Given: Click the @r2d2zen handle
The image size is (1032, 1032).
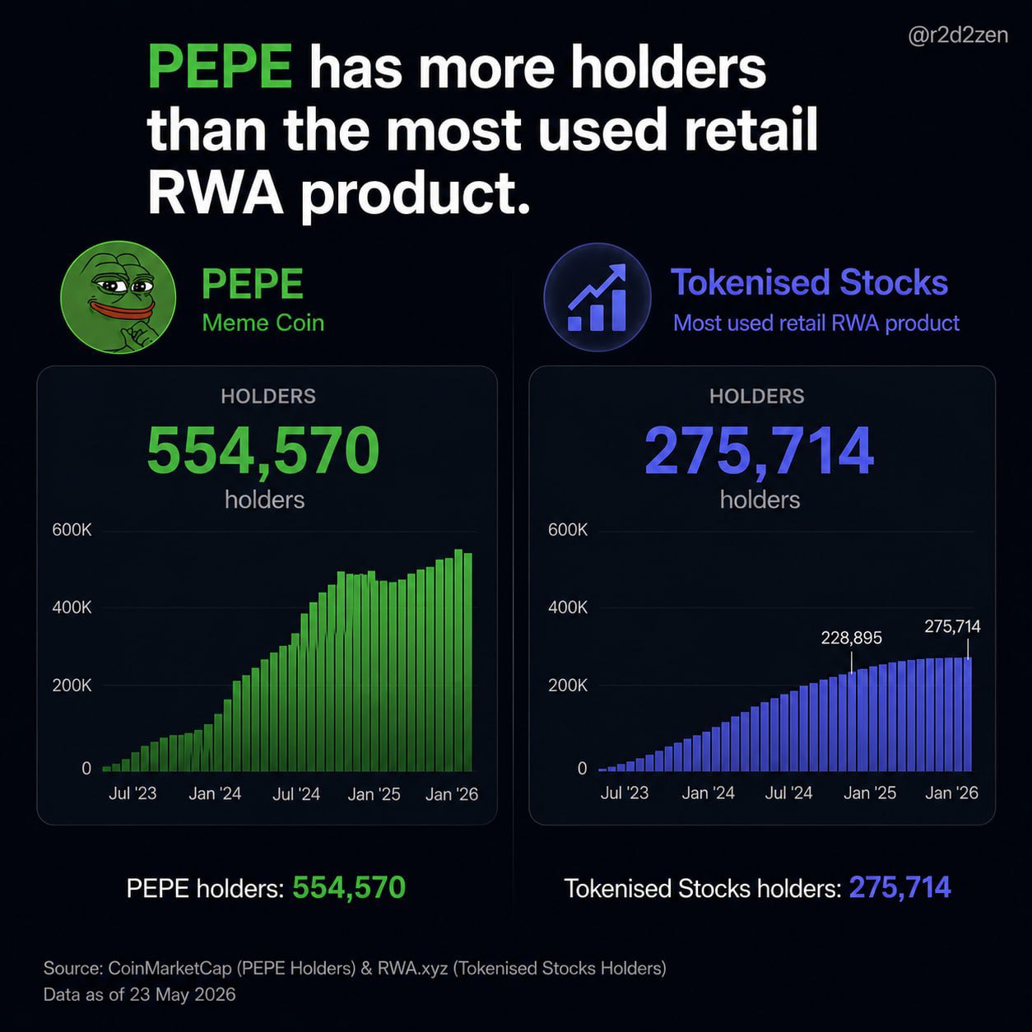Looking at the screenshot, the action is click(958, 35).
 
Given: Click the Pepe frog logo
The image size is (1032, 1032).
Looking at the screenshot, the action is click(119, 297).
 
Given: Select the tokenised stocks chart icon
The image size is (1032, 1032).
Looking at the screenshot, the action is click(597, 297).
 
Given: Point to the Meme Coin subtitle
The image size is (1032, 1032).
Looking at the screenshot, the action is click(263, 323).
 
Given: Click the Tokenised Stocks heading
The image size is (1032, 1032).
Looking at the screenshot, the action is click(809, 282).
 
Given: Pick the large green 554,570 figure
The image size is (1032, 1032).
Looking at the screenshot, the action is click(263, 450).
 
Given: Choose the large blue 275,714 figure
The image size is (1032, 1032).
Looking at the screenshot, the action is click(759, 450).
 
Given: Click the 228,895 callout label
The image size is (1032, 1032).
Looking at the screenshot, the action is click(851, 638).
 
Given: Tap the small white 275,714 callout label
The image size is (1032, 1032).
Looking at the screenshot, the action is click(952, 626).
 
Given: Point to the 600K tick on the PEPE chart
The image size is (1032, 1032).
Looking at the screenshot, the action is click(72, 530).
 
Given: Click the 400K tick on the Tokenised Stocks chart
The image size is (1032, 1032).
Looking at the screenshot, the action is click(568, 607).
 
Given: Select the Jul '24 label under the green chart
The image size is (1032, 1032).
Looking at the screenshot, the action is click(296, 793).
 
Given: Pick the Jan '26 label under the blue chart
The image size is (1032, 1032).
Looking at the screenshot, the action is click(951, 793).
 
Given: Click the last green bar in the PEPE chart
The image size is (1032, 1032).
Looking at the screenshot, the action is click(467, 662).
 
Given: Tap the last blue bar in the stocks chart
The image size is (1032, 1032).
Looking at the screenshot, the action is click(967, 714).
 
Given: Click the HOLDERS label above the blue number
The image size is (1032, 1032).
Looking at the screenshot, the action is click(757, 397).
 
